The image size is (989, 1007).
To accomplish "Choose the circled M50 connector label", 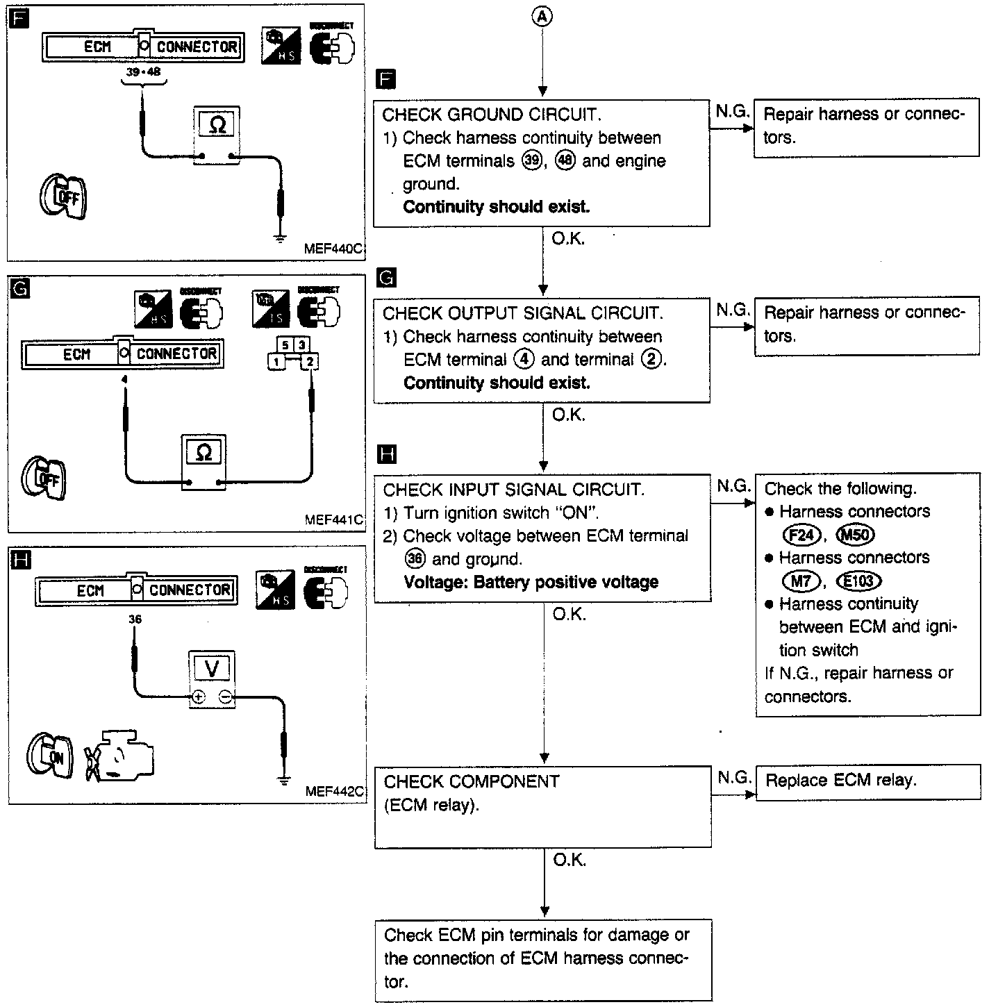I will click(856, 535).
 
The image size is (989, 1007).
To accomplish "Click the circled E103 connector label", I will click(858, 581).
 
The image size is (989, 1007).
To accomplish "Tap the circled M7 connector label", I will click(801, 581).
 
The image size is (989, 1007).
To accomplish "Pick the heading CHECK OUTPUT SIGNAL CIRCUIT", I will click(522, 313).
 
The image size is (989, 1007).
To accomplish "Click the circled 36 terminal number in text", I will click(415, 559).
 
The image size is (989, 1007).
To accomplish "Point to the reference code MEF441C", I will click(334, 519).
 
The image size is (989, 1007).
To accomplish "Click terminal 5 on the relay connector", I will click(285, 344).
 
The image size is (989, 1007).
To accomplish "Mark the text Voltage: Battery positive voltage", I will click(531, 582).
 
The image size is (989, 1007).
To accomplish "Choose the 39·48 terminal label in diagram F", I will click(144, 71).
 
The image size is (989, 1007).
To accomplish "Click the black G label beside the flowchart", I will click(385, 278).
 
